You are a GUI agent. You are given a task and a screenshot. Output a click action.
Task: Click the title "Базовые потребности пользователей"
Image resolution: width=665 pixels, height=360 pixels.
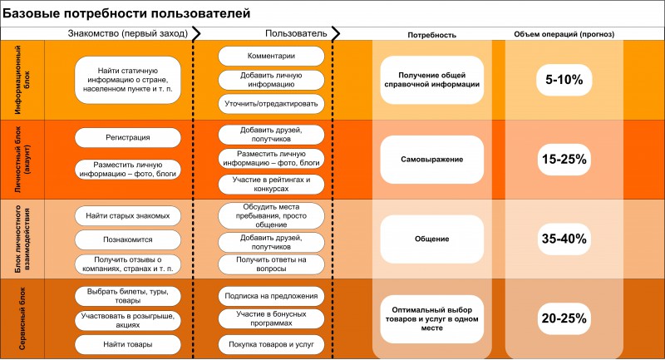point(126,13)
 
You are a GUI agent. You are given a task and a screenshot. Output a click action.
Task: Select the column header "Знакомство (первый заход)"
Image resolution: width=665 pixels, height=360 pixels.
point(128,33)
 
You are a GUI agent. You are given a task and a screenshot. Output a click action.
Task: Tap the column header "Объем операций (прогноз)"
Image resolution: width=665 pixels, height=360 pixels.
point(564,34)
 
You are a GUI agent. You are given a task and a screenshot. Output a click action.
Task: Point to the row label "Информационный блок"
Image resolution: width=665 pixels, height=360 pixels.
point(22,80)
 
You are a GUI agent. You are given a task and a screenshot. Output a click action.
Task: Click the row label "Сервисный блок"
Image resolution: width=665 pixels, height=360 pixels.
point(22,318)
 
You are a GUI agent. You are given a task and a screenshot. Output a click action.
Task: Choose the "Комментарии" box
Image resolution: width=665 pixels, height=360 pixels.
point(271,56)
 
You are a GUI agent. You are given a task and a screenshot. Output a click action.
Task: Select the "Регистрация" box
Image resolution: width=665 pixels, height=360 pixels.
point(128,137)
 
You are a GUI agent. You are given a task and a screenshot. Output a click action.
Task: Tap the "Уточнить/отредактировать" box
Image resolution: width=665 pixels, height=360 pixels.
point(271,104)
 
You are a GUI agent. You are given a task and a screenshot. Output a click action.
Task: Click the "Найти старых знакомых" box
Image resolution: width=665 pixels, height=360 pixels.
point(128,216)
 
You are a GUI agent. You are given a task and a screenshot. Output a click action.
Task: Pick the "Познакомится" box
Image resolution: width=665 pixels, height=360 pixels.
point(128,239)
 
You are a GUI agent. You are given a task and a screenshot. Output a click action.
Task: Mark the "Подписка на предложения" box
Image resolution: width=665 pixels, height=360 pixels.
point(271,296)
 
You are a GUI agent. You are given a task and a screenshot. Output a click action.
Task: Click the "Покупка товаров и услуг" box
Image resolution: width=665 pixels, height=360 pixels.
point(271,344)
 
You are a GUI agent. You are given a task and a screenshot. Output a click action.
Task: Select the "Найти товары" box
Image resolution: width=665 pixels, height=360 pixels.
point(128,344)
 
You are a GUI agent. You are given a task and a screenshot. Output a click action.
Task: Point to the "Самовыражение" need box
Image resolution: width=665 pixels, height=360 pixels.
point(431,160)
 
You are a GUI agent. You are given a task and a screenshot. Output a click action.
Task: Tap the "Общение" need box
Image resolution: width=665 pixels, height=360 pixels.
point(431,239)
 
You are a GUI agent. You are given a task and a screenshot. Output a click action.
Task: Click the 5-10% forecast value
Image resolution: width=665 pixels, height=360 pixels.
point(564,80)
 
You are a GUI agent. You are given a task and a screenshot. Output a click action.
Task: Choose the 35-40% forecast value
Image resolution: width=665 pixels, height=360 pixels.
point(564,239)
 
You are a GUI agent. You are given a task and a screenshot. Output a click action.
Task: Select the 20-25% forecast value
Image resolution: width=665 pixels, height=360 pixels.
point(564,318)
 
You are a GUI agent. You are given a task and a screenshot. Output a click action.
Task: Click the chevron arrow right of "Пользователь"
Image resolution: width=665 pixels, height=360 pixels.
point(336,34)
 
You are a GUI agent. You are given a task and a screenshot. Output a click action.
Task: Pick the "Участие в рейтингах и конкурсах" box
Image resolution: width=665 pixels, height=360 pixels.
point(271,184)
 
